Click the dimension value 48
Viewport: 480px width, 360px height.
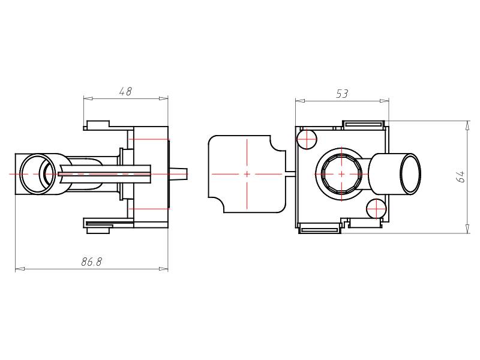click(x=125, y=91)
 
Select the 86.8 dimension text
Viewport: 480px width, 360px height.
click(x=92, y=262)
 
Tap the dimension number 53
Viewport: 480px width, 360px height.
click(x=341, y=94)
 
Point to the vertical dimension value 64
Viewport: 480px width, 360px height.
click(x=460, y=176)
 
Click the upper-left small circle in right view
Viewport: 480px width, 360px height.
click(x=307, y=139)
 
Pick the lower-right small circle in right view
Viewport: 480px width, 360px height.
click(x=376, y=209)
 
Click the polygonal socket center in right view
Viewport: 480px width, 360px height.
click(x=341, y=174)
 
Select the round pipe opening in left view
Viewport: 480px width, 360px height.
click(x=38, y=174)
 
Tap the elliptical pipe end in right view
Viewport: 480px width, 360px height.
click(x=410, y=174)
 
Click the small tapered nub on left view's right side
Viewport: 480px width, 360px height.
click(x=178, y=174)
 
